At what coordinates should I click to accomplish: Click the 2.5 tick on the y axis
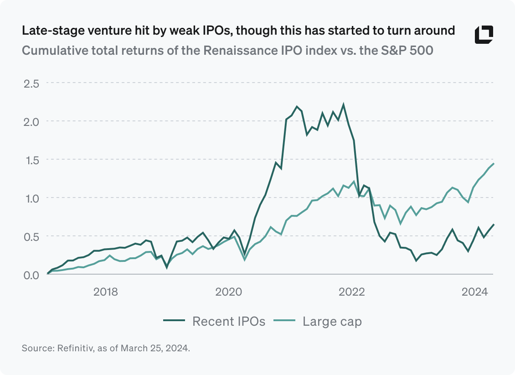[x=31, y=83]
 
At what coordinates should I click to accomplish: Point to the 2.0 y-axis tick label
[x=31, y=121]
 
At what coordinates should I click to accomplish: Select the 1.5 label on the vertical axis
[x=31, y=160]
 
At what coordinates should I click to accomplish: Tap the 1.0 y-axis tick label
[x=31, y=198]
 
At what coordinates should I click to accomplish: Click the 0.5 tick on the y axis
[x=31, y=236]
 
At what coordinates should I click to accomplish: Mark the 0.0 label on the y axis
[x=31, y=275]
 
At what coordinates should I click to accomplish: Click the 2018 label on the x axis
[x=105, y=292]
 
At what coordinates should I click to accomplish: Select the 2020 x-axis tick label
[x=228, y=292]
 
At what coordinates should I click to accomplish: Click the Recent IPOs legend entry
[x=215, y=321]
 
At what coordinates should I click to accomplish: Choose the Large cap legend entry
[x=318, y=321]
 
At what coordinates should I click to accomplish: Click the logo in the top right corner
[x=484, y=35]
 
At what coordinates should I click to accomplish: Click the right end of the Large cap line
[x=494, y=164]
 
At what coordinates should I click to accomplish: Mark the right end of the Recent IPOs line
[x=494, y=224]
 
